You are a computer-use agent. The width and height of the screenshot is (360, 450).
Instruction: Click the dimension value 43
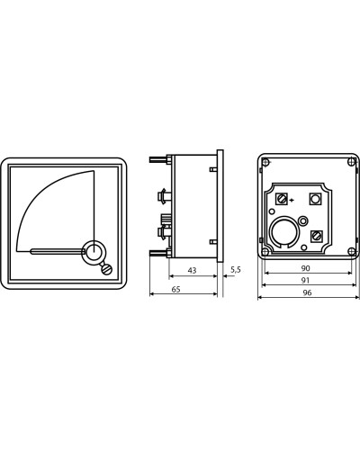coord(192,270)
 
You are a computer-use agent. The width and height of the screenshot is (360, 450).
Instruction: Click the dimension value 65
coord(176,289)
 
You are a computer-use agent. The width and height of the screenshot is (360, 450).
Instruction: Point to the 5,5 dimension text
coord(236,269)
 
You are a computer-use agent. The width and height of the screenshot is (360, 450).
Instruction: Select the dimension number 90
coord(305,268)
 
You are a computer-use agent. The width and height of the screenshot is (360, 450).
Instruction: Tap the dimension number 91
coord(305,280)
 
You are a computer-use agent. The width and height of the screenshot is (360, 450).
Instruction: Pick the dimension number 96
coord(307,292)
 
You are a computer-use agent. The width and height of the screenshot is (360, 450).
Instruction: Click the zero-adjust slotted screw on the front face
coord(107,269)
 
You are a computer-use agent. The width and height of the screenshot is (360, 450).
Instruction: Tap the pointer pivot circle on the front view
coord(94,250)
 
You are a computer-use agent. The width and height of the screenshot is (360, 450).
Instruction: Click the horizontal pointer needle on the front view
coord(58,251)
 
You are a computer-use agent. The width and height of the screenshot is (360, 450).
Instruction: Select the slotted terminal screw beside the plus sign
coord(282,199)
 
